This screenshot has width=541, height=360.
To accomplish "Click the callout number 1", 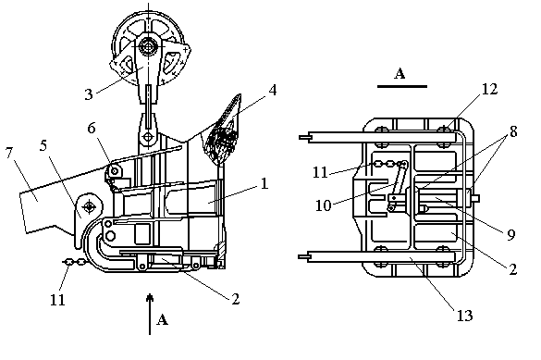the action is (264, 183).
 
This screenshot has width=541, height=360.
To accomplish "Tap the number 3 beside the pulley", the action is (89, 93).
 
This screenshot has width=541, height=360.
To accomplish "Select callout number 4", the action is (273, 90).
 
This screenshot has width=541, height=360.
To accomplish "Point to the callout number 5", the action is (43, 145).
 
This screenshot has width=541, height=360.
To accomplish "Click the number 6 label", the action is (91, 128).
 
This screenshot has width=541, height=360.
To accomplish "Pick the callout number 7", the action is (9, 152).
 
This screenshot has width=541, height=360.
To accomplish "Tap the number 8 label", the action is (513, 131).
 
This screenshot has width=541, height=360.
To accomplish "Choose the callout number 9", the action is (511, 235).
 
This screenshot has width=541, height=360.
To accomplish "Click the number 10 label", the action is (324, 205).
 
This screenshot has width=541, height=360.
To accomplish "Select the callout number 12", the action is (489, 89).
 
